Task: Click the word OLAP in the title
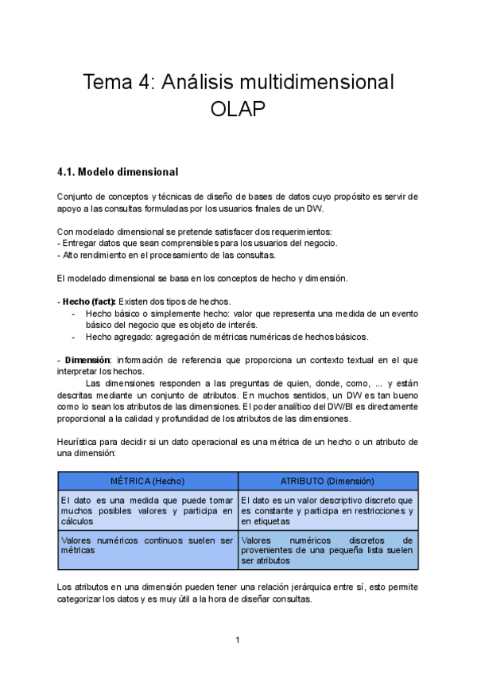[x=238, y=109]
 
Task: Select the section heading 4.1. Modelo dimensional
[x=118, y=172]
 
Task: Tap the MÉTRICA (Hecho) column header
[x=148, y=481]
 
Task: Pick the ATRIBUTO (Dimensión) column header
[x=328, y=481]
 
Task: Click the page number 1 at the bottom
[x=238, y=640]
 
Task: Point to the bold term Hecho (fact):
[x=89, y=301]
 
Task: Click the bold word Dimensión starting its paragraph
[x=86, y=359]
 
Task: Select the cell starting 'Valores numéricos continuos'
[x=148, y=545]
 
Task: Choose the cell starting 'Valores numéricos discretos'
[x=328, y=550]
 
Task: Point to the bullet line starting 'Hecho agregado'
[x=227, y=337]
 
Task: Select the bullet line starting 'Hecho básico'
[x=238, y=314]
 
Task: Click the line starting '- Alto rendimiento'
[x=167, y=255]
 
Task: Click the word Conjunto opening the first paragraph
[x=78, y=196]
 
